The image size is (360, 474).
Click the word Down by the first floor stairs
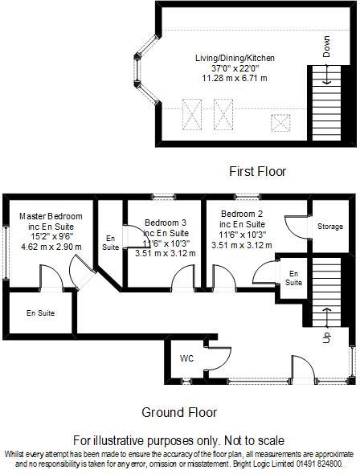(x=326, y=47)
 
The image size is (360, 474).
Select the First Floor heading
(x=257, y=171)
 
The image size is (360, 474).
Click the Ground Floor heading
(x=179, y=412)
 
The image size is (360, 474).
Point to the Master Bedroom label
(x=51, y=216)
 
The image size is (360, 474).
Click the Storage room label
(x=329, y=227)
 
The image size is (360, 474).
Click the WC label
(x=186, y=358)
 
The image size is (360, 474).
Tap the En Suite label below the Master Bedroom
(x=40, y=313)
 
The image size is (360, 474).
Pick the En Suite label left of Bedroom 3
(x=110, y=243)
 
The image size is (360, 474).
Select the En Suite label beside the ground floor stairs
(x=295, y=278)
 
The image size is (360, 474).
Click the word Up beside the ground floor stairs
(x=326, y=337)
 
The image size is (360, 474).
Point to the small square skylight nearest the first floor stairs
(x=280, y=123)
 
